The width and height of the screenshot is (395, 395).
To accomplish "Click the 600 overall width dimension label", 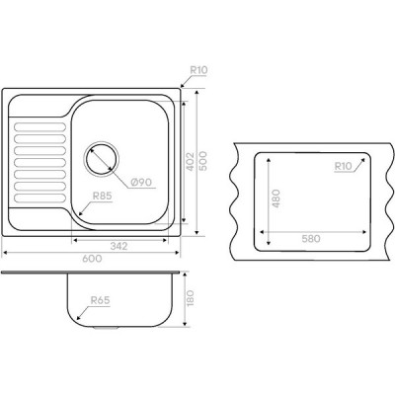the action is tap(92, 259).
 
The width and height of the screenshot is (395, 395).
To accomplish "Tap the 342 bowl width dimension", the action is tap(118, 246).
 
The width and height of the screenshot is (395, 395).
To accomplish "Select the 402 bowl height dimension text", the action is tap(190, 161).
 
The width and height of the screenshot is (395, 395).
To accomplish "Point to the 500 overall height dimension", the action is tap(203, 161).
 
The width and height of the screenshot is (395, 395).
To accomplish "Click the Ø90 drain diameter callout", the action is tap(141, 182).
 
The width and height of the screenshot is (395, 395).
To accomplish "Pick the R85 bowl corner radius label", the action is tap(103, 197).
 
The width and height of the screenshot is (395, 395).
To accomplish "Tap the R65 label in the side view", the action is tap(100, 300).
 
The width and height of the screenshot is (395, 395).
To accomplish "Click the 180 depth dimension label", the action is tap(191, 298).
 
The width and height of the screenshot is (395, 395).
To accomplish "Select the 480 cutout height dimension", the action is tap(276, 198).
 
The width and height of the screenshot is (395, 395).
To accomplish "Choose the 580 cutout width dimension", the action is tap(311, 238).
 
